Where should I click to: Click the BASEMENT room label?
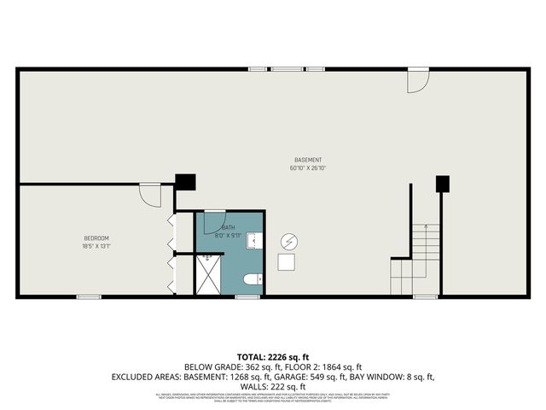308,161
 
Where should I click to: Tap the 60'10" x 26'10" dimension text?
308,168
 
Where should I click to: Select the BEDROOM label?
96,237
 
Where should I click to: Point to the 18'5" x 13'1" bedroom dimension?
96,246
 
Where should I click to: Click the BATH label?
228,227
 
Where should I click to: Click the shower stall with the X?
207,275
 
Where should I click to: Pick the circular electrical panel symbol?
288,241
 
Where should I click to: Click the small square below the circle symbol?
288,263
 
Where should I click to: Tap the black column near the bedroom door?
185,182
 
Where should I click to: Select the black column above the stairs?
442,183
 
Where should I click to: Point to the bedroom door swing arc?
151,196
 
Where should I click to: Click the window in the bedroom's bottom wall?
89,296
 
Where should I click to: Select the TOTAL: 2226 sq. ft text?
272,357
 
